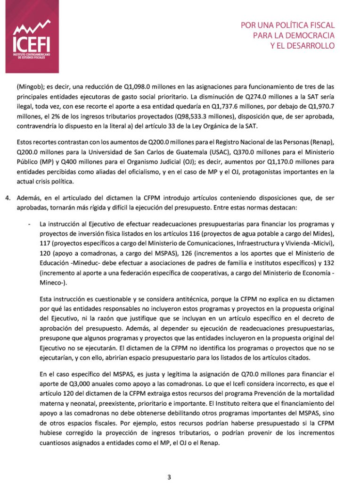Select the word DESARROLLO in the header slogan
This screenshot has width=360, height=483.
pyautogui.click(x=307, y=46)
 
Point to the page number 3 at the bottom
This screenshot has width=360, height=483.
pyautogui.click(x=169, y=477)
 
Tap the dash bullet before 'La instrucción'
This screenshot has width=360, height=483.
pyautogui.click(x=29, y=224)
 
